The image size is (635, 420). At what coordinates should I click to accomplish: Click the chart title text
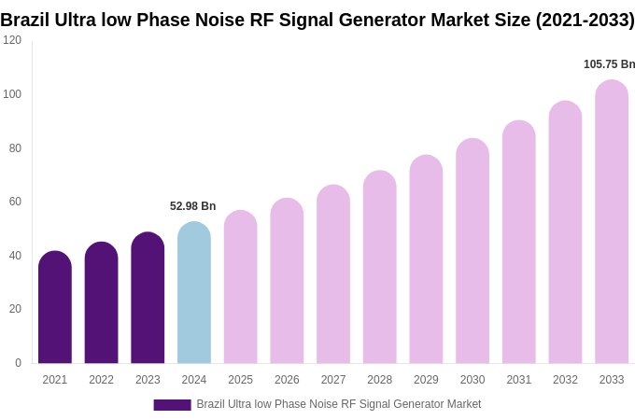click(x=317, y=20)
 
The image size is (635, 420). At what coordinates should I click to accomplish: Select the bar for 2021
click(x=55, y=308)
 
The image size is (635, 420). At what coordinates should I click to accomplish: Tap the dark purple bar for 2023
click(x=148, y=299)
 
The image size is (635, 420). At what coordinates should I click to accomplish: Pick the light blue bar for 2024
click(x=194, y=294)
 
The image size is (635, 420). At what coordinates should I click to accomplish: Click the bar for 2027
click(x=333, y=275)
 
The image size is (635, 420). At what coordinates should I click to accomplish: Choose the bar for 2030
click(x=473, y=252)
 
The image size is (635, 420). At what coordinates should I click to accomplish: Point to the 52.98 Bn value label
click(x=192, y=206)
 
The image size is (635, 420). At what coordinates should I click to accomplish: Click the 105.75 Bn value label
click(x=609, y=64)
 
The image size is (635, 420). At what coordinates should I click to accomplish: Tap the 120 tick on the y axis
click(x=12, y=40)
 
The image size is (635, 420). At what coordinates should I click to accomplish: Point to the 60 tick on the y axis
click(x=15, y=202)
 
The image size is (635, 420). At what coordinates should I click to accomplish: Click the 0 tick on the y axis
click(x=18, y=363)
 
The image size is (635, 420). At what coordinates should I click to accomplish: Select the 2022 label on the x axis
click(x=101, y=380)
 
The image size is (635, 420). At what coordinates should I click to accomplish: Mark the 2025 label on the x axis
click(x=240, y=380)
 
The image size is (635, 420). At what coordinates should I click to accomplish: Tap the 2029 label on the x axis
click(x=426, y=380)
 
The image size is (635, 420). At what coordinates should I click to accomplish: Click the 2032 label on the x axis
click(x=565, y=380)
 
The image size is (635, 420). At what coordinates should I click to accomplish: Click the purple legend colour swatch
click(x=172, y=405)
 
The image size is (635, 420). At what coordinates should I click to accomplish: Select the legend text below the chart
click(x=338, y=404)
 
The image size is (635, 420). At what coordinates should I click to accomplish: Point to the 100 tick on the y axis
click(x=12, y=94)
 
